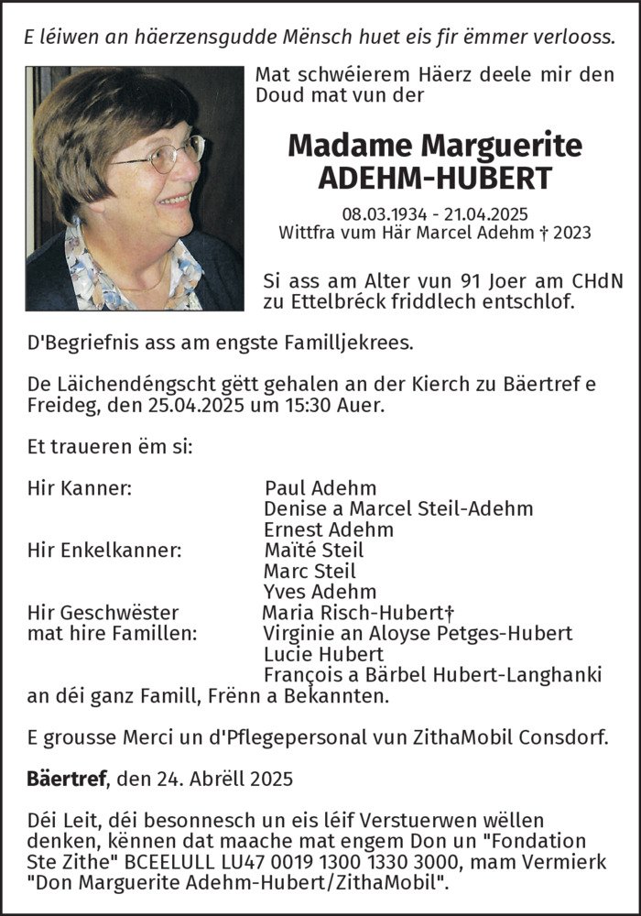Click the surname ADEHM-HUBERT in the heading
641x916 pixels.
click(x=435, y=178)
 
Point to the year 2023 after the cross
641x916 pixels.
click(x=571, y=233)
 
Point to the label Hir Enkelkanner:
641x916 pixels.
click(x=104, y=551)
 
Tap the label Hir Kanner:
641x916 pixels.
click(x=80, y=488)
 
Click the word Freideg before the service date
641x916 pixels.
click(x=62, y=406)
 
